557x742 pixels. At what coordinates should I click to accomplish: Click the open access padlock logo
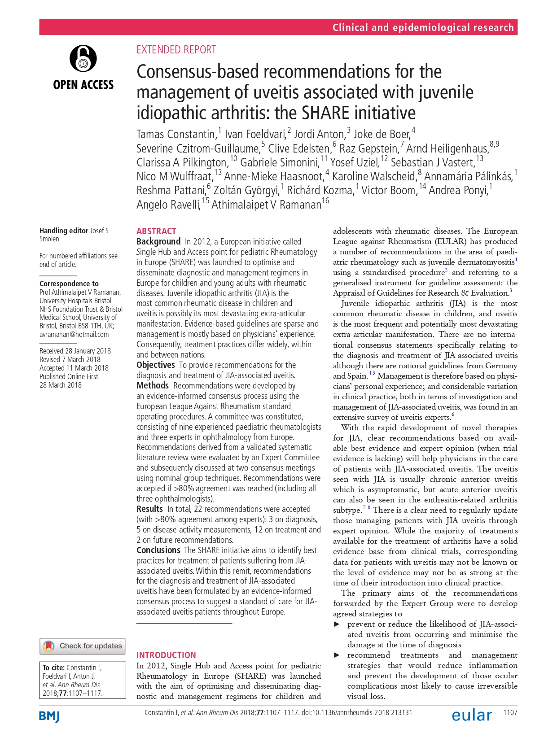coord(83,58)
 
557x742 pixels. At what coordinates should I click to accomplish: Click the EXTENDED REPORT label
coord(176,49)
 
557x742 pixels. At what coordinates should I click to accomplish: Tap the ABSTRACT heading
coord(156,231)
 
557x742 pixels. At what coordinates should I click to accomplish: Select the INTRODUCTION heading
coord(166,655)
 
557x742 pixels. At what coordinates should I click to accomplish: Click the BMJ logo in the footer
coord(49,716)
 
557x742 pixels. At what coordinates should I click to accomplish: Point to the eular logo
coord(472,715)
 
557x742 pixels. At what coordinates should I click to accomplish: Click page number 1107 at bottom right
coord(510,712)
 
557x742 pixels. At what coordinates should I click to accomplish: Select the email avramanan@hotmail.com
coord(74,334)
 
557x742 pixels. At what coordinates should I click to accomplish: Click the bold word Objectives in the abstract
coord(155,365)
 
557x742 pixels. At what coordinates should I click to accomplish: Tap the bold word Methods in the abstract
coord(152,386)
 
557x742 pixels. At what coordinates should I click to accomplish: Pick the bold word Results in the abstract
coord(149,509)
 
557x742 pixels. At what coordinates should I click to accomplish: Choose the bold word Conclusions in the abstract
coord(158,550)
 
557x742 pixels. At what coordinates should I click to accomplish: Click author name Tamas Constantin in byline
coord(176,134)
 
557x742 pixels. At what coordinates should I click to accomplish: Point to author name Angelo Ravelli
coord(168,205)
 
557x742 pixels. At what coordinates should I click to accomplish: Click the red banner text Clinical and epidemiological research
coord(423,27)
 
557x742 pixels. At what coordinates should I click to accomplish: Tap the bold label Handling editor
coord(64,231)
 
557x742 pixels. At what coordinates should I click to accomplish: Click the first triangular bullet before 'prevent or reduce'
coord(337,624)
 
